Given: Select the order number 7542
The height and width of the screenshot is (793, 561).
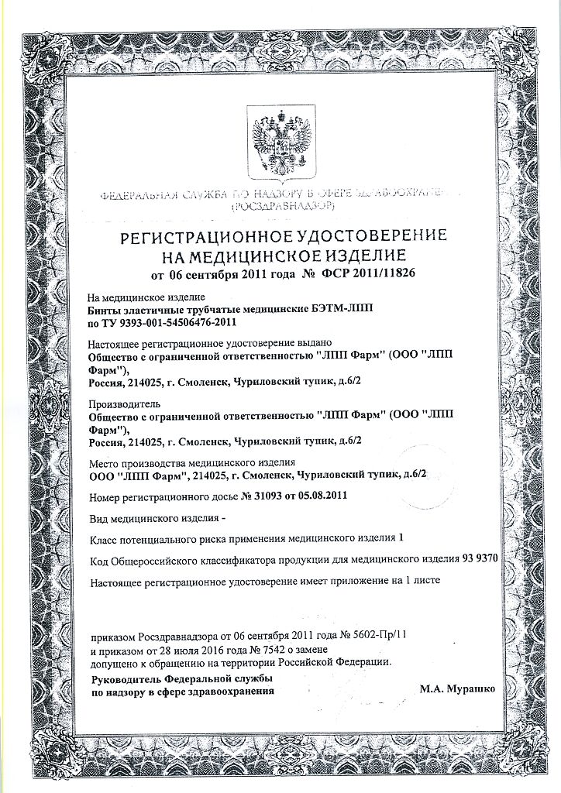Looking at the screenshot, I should (x=267, y=648).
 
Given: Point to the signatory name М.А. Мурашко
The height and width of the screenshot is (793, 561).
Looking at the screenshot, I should (x=458, y=688).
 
